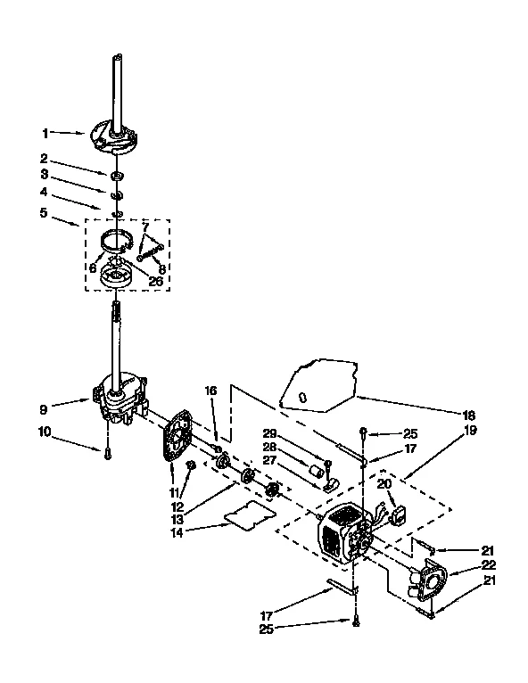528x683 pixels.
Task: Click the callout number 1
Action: coord(45,134)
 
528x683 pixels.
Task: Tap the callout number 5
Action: coord(44,213)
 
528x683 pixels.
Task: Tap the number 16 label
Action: coord(211,391)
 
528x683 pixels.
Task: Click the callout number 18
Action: coord(470,415)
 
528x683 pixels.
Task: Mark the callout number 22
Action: coord(489,565)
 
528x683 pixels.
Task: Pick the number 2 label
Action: coord(45,160)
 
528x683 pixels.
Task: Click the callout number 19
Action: coord(470,430)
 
